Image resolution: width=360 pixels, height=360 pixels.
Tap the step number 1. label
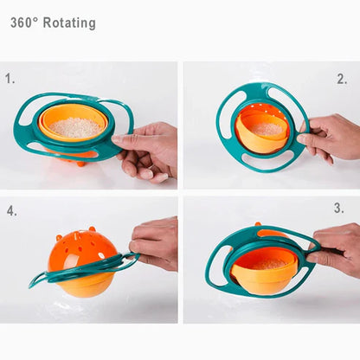coord(10,78)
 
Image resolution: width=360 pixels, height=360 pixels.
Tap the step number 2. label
coord(342,79)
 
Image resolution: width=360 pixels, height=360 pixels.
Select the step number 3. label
coord(338,209)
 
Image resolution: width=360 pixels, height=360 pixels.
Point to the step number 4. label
coord(12,210)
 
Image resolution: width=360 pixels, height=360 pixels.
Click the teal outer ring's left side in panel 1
coord(21,130)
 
